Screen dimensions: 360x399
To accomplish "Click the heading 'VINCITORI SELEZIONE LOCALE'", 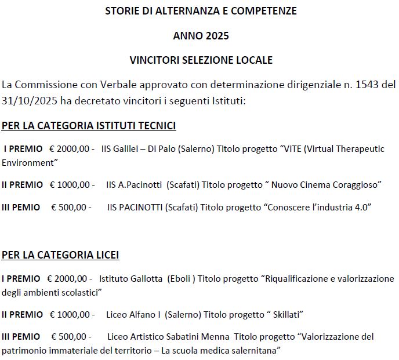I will tap(201, 60).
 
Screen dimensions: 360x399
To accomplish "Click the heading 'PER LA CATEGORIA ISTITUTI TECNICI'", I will tap(89, 126).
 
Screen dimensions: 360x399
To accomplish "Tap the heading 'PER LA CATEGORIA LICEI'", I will tap(60, 254).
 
